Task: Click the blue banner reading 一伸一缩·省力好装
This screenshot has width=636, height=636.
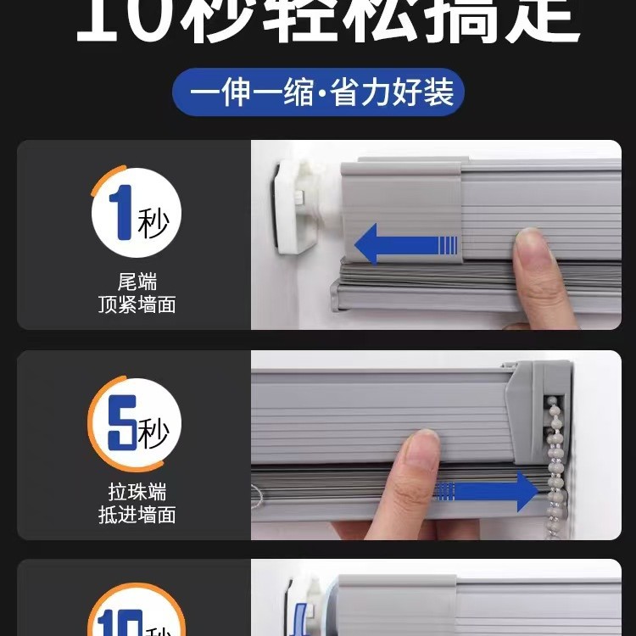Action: [318, 92]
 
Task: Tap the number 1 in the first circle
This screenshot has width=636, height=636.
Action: [122, 213]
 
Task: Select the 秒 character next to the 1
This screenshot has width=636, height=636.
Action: [153, 224]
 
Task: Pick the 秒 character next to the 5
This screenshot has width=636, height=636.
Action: [153, 435]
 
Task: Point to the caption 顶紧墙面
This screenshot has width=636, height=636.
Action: [137, 305]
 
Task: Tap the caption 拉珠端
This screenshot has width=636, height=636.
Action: [137, 492]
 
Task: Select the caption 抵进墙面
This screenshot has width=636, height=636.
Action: [137, 515]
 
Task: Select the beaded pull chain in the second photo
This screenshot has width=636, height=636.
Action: [556, 458]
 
